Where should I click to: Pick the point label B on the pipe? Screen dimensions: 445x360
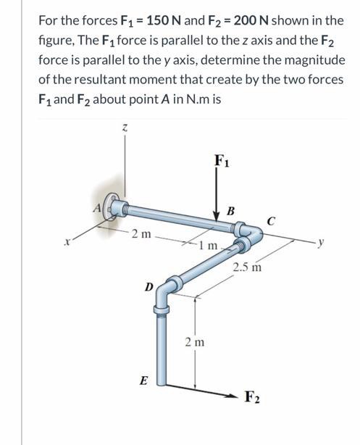231,211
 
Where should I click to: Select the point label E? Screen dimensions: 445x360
145,379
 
